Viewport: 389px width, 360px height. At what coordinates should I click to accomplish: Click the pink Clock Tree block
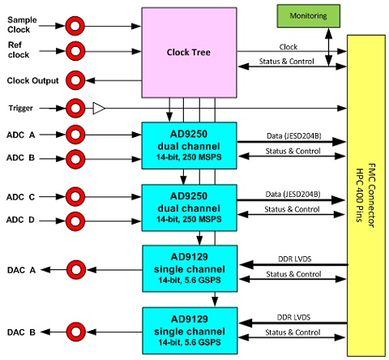coord(190,53)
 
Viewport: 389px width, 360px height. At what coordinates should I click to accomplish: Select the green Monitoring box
coord(309,16)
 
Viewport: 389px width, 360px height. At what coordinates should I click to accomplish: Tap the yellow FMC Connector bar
coord(366,195)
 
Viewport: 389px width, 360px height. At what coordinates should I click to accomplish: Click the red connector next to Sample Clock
coord(75,26)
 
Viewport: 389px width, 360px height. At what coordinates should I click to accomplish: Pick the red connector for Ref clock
coord(75,51)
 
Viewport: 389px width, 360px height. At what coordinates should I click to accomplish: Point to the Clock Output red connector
coord(75,80)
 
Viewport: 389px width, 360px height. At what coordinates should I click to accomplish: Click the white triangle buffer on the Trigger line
coord(99,108)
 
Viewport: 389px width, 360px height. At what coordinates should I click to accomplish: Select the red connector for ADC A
coord(75,135)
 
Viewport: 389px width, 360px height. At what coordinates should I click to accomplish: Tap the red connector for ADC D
coord(75,221)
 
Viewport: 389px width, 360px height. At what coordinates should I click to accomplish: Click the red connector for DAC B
coord(76,332)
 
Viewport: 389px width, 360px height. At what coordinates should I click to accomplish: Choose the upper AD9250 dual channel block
coord(190,146)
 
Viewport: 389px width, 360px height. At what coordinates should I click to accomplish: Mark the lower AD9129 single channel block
coord(190,331)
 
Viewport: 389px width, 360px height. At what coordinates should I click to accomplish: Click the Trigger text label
coord(20,109)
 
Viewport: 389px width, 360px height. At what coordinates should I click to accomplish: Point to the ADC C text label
coord(20,197)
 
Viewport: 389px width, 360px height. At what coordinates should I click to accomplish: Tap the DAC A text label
coord(21,270)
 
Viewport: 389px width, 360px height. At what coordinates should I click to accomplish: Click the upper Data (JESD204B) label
coord(294,135)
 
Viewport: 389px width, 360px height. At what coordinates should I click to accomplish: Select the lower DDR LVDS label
coord(293,317)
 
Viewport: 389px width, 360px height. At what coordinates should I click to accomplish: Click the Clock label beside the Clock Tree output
coord(289,47)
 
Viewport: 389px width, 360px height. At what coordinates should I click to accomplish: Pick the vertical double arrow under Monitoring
coord(328,47)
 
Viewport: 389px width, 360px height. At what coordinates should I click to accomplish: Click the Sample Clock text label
coord(22,24)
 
